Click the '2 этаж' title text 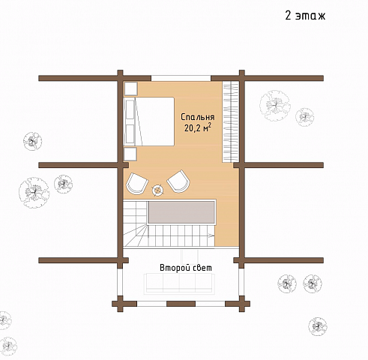(305, 16)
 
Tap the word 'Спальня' (198, 117)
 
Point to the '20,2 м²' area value (198, 127)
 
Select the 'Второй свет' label (186, 268)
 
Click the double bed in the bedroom (149, 121)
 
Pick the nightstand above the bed (130, 88)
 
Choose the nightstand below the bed (130, 154)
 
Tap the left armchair (137, 183)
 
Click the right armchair (178, 181)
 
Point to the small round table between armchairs (158, 190)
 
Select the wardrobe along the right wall (230, 121)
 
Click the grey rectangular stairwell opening (181, 212)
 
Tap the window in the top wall (181, 78)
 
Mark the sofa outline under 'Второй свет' (179, 283)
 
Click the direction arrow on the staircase (211, 235)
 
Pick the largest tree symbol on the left (34, 193)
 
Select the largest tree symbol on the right (275, 106)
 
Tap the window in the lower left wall (121, 282)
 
